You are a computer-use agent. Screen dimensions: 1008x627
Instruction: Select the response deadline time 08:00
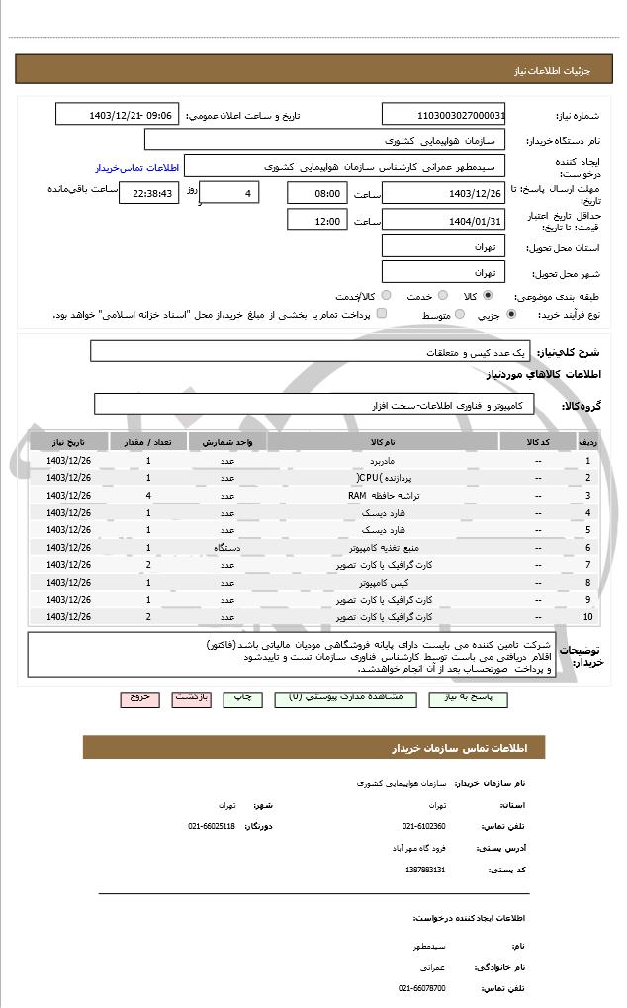[x=317, y=193]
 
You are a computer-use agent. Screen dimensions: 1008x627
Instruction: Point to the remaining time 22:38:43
[x=149, y=193]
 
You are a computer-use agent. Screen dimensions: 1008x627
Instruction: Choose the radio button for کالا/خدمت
[x=386, y=296]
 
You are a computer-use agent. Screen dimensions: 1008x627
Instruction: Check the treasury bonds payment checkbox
[x=382, y=314]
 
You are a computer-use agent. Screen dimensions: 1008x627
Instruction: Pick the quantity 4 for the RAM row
[x=148, y=495]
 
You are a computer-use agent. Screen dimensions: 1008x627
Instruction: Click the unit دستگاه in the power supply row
[x=227, y=547]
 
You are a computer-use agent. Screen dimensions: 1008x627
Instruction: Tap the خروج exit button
[x=139, y=697]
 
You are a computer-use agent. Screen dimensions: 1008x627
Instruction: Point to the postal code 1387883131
[x=425, y=870]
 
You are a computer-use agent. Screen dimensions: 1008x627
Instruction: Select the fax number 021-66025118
[x=212, y=826]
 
